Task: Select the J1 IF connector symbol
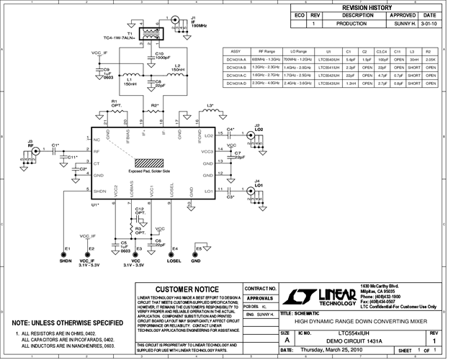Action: coord(176,21)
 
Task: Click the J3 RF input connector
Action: coord(31,152)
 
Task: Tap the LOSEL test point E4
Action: coord(174,253)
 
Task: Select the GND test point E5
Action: coord(196,253)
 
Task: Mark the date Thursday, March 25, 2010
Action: coord(330,350)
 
